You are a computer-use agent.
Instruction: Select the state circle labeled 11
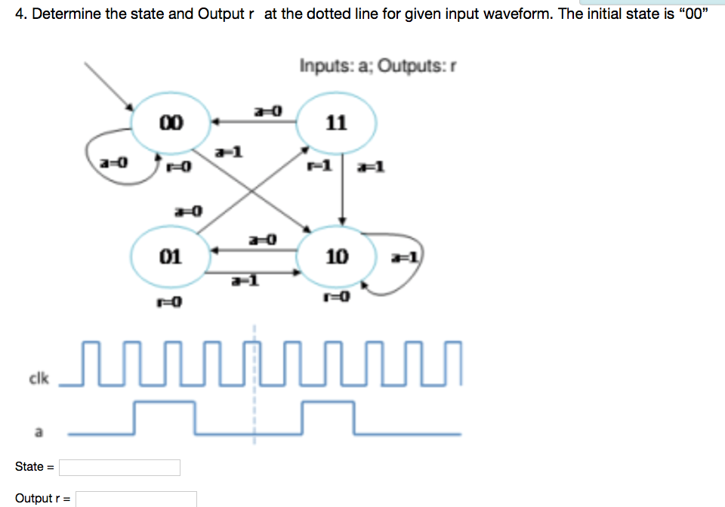pyautogui.click(x=336, y=122)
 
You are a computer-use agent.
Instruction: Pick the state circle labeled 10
pyautogui.click(x=336, y=257)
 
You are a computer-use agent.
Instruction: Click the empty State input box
pyautogui.click(x=119, y=468)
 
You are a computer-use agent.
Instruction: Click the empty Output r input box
pyautogui.click(x=136, y=499)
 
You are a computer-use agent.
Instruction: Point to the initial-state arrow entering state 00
pyautogui.click(x=110, y=83)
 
